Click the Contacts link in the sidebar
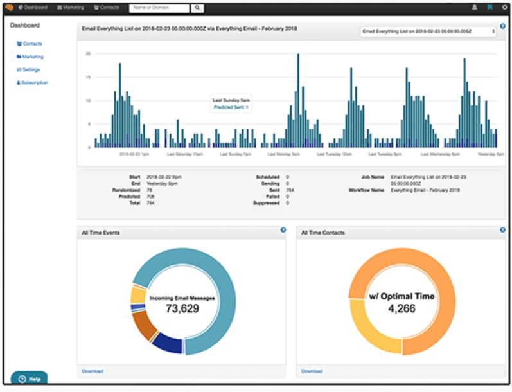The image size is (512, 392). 31,44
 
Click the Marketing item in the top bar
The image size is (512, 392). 70,8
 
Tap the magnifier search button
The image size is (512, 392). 198,8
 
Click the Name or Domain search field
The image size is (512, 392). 159,8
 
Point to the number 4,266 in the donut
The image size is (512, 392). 402,308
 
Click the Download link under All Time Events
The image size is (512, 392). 92,371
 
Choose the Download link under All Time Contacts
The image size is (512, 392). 312,371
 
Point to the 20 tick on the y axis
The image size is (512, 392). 88,54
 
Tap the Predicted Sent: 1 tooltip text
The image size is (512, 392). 231,107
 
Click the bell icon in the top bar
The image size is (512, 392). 475,8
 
